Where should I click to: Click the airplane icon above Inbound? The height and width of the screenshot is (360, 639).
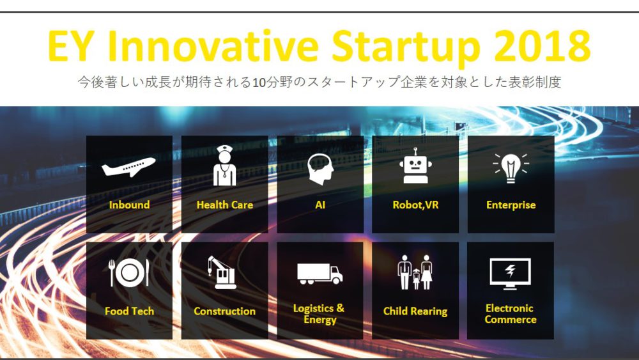(x=128, y=167)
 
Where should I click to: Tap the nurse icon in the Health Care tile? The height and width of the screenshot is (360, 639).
(x=224, y=166)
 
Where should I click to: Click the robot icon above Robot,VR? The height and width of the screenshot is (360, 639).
(x=415, y=166)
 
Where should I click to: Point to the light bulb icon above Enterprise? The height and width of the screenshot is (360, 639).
(x=511, y=168)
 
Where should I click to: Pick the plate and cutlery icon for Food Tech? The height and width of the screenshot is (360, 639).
(x=129, y=272)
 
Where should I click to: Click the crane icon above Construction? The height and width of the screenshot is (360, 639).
(x=222, y=272)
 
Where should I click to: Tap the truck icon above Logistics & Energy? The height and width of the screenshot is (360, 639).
(x=320, y=274)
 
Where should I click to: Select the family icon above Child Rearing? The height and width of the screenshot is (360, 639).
(x=415, y=272)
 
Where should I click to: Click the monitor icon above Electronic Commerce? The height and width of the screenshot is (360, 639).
(x=510, y=274)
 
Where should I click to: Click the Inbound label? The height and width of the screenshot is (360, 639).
(x=129, y=205)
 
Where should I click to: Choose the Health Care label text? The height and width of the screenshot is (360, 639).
(x=224, y=205)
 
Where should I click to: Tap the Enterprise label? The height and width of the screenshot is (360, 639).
(x=511, y=205)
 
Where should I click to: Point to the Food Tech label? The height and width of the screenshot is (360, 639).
(x=129, y=311)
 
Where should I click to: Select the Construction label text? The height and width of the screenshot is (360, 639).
(x=224, y=311)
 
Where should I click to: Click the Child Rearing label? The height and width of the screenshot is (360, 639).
(x=415, y=311)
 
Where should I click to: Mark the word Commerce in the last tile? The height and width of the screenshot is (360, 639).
(x=510, y=319)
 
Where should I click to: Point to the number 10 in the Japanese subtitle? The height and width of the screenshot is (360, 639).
(x=259, y=82)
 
